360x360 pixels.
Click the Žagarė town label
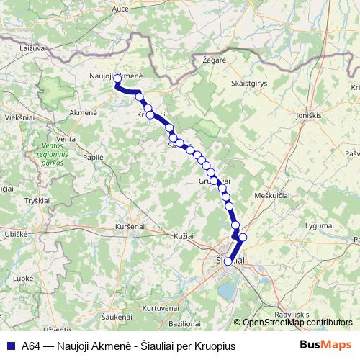(x=214, y=61)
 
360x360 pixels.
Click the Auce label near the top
(x=120, y=9)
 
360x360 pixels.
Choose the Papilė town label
(x=93, y=156)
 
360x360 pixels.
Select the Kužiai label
(x=184, y=235)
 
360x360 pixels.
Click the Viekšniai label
(x=19, y=116)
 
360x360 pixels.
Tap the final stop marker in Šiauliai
(x=228, y=261)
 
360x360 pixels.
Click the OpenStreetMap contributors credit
(x=296, y=323)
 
